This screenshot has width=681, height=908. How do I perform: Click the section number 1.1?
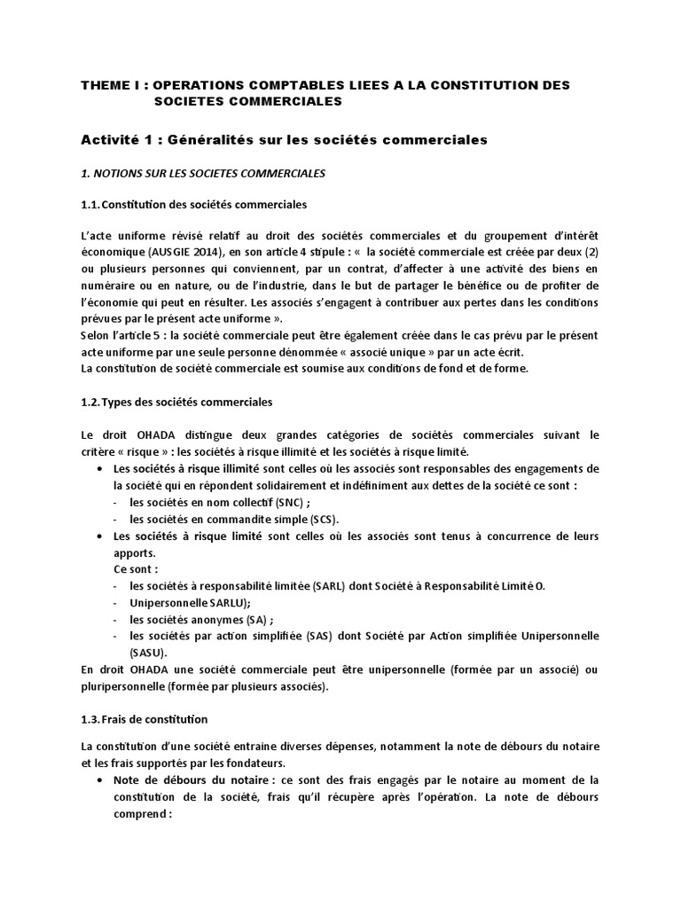[90, 205]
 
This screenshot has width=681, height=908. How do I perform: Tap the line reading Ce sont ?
[137, 569]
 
